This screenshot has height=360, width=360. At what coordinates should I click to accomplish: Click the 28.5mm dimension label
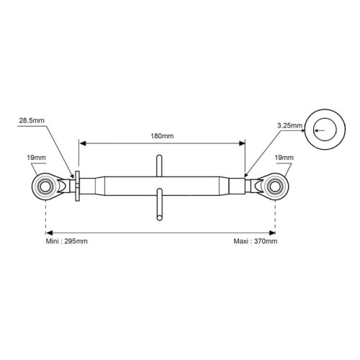[32, 120]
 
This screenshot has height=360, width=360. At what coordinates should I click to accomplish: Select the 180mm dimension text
[162, 136]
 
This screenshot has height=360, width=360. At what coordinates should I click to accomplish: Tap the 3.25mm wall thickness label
[289, 125]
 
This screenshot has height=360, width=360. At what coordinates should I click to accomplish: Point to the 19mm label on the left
[36, 158]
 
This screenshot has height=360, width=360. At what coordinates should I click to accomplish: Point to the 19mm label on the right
[284, 158]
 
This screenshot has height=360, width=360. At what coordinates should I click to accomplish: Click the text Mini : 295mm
[66, 241]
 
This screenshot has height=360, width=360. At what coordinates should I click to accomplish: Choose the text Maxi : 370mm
[256, 241]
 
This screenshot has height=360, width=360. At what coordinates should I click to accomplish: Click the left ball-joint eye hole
[45, 186]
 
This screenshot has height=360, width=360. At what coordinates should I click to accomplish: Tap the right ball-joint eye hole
[275, 186]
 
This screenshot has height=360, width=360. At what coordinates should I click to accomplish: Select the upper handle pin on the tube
[159, 166]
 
